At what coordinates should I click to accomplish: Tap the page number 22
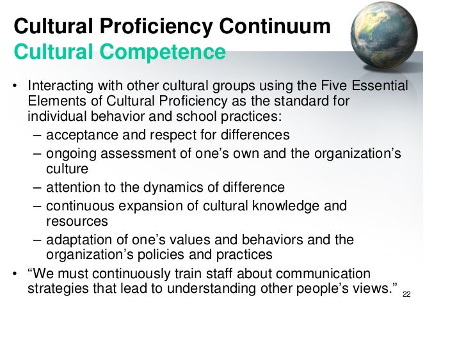tap(406, 295)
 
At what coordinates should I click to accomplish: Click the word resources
tap(77, 222)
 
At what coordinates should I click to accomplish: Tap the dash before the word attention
tap(37, 188)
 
